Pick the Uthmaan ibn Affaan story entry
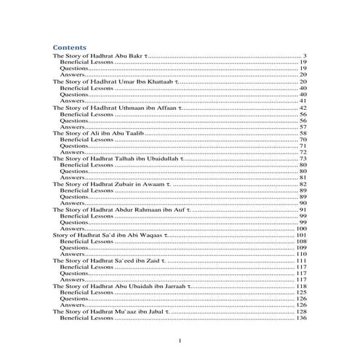(x=116, y=108)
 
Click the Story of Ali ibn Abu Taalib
(x=95, y=134)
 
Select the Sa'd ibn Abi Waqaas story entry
(x=109, y=236)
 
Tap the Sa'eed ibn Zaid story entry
(x=109, y=261)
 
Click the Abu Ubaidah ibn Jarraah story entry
(x=121, y=287)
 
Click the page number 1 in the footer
(x=180, y=340)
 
